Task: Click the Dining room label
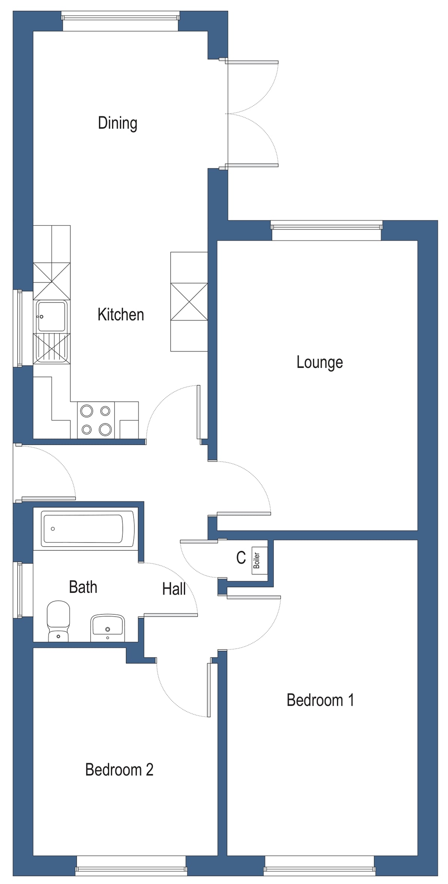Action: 118,123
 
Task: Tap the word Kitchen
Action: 121,315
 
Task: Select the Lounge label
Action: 320,362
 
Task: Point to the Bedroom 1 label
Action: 320,700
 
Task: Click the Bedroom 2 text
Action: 119,769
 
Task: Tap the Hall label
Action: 174,589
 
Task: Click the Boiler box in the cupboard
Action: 257,561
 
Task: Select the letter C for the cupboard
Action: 241,558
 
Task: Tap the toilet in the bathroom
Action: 58,622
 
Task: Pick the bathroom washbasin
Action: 107,627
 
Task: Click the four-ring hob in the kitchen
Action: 96,420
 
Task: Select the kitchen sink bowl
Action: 51,316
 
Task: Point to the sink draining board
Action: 51,349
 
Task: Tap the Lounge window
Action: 326,226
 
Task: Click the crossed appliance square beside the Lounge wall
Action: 189,302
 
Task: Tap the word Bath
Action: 83,587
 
